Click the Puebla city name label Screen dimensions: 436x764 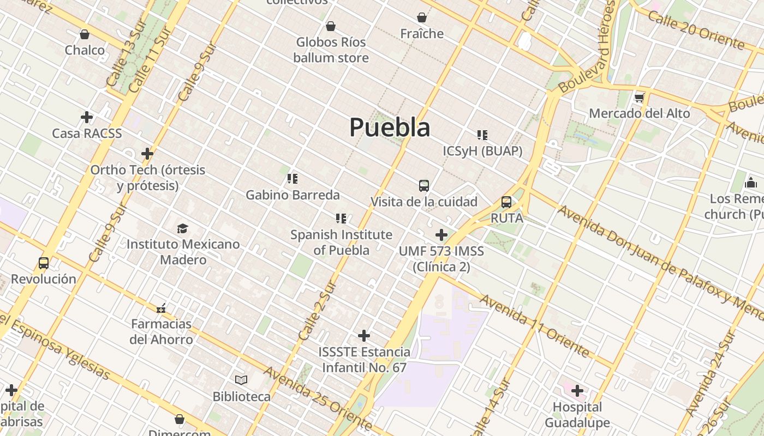click(x=390, y=128)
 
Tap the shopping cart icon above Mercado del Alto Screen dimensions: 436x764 click(x=640, y=98)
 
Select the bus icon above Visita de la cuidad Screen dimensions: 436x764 click(x=424, y=186)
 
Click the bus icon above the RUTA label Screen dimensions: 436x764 click(x=506, y=203)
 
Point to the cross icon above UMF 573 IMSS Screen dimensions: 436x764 click(x=441, y=235)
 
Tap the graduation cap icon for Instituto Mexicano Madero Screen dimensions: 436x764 click(x=182, y=228)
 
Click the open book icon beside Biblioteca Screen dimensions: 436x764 click(x=241, y=380)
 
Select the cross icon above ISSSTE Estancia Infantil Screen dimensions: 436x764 click(x=364, y=336)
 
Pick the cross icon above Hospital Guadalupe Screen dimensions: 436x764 click(x=577, y=391)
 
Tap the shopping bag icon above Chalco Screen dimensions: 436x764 click(x=85, y=35)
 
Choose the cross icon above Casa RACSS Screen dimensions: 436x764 click(x=86, y=117)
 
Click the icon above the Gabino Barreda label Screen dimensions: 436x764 click(x=293, y=179)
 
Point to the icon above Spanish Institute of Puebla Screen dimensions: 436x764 click(x=341, y=219)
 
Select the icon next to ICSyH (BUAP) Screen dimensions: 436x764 click(x=482, y=135)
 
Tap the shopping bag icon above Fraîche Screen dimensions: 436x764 click(x=422, y=18)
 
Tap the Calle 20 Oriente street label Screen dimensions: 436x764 click(x=696, y=29)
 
